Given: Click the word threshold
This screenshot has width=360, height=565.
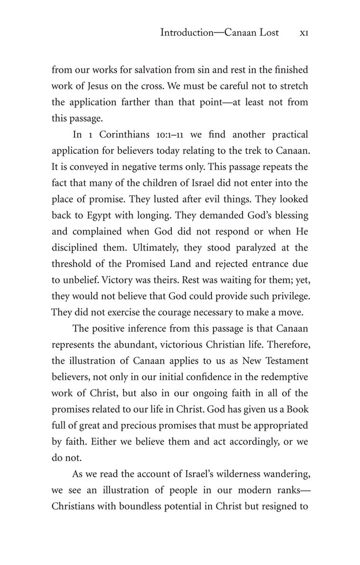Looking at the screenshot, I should (x=75, y=263).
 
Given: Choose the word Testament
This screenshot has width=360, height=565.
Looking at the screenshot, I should (x=283, y=360).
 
